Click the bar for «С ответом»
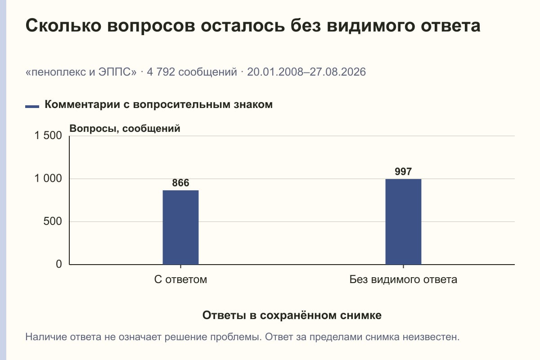[180, 227]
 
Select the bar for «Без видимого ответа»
[403, 221]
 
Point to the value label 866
[180, 183]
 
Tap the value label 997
[403, 171]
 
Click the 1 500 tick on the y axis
[48, 135]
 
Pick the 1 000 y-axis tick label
[48, 179]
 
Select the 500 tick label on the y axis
[53, 221]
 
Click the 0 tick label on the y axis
[59, 264]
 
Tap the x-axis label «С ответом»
[180, 279]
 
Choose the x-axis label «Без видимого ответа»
[403, 279]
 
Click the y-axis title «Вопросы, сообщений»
[125, 129]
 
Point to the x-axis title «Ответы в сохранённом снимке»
[292, 315]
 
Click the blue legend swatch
[32, 107]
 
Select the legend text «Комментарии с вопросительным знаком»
[158, 105]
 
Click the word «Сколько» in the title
[63, 26]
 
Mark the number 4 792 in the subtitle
[161, 72]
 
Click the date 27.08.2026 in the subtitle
[338, 72]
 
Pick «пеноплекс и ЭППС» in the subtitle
[81, 72]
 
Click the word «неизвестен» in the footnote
[431, 337]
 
